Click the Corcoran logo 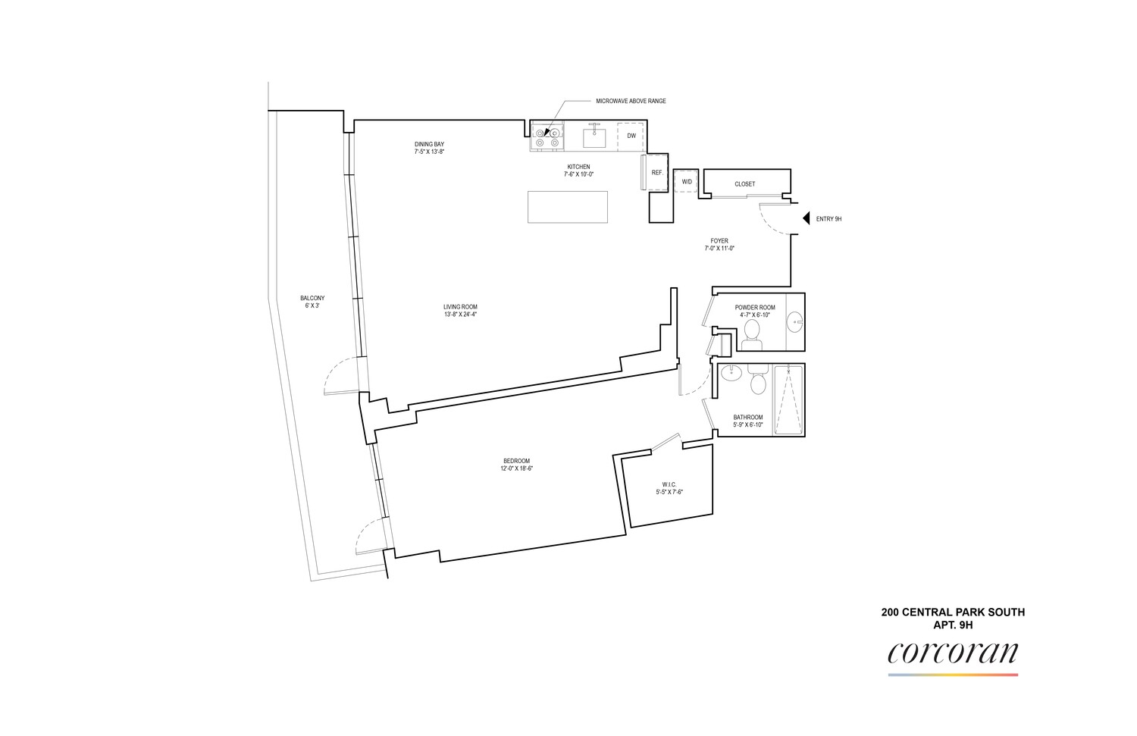coord(953,659)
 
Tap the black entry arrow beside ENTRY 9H coord(806,218)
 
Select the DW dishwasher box coord(631,136)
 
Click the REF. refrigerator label coord(657,173)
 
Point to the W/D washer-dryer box coord(687,181)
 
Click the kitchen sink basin coord(594,137)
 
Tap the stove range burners coord(547,137)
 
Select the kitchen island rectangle coord(568,207)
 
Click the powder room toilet coord(751,336)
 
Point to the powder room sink coord(795,322)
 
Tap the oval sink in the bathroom coord(731,374)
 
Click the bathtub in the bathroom coord(788,400)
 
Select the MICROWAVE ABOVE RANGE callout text coord(631,101)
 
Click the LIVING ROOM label coord(460,307)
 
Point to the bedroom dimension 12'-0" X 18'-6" coord(516,468)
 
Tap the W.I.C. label coord(669,484)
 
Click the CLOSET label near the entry coord(744,184)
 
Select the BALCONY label coord(312,298)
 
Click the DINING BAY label coord(430,144)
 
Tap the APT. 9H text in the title coord(954,625)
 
